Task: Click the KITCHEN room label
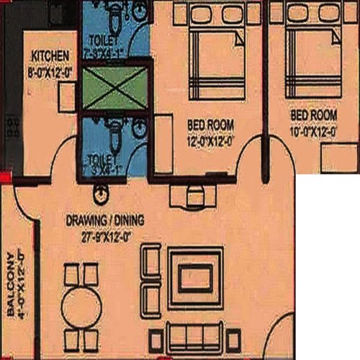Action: tap(50, 55)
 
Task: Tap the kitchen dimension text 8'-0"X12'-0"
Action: tap(50, 71)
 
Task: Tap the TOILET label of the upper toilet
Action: tap(100, 39)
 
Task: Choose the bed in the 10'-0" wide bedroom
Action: tap(310, 50)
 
